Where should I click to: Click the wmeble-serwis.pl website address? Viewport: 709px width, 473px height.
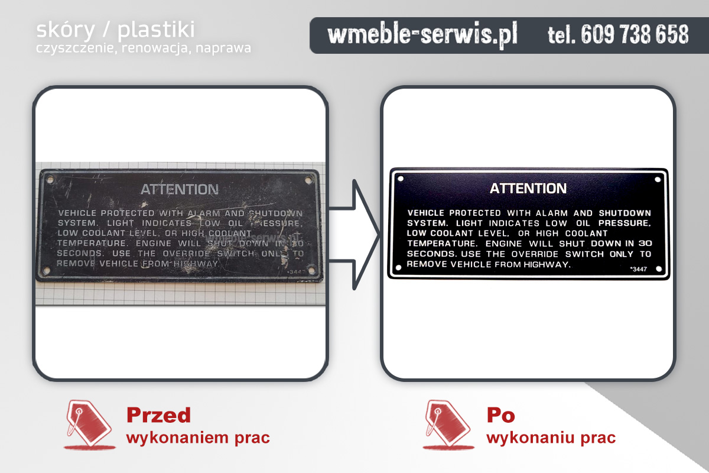pos(422,35)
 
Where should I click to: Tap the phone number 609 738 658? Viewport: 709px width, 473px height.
pos(618,35)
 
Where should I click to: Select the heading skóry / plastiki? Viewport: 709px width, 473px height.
pos(115,30)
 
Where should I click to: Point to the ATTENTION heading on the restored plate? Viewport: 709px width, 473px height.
pos(528,189)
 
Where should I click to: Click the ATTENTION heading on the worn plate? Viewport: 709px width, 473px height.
pos(179,190)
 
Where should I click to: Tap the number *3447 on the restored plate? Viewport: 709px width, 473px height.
pos(638,269)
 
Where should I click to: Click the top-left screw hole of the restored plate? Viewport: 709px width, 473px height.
pos(401,178)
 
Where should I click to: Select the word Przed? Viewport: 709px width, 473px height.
pos(158,415)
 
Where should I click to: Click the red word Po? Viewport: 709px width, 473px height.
pos(500,415)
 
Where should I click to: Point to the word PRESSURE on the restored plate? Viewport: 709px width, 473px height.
pos(625,223)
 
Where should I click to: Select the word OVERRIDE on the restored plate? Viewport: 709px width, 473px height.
pos(533,254)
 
